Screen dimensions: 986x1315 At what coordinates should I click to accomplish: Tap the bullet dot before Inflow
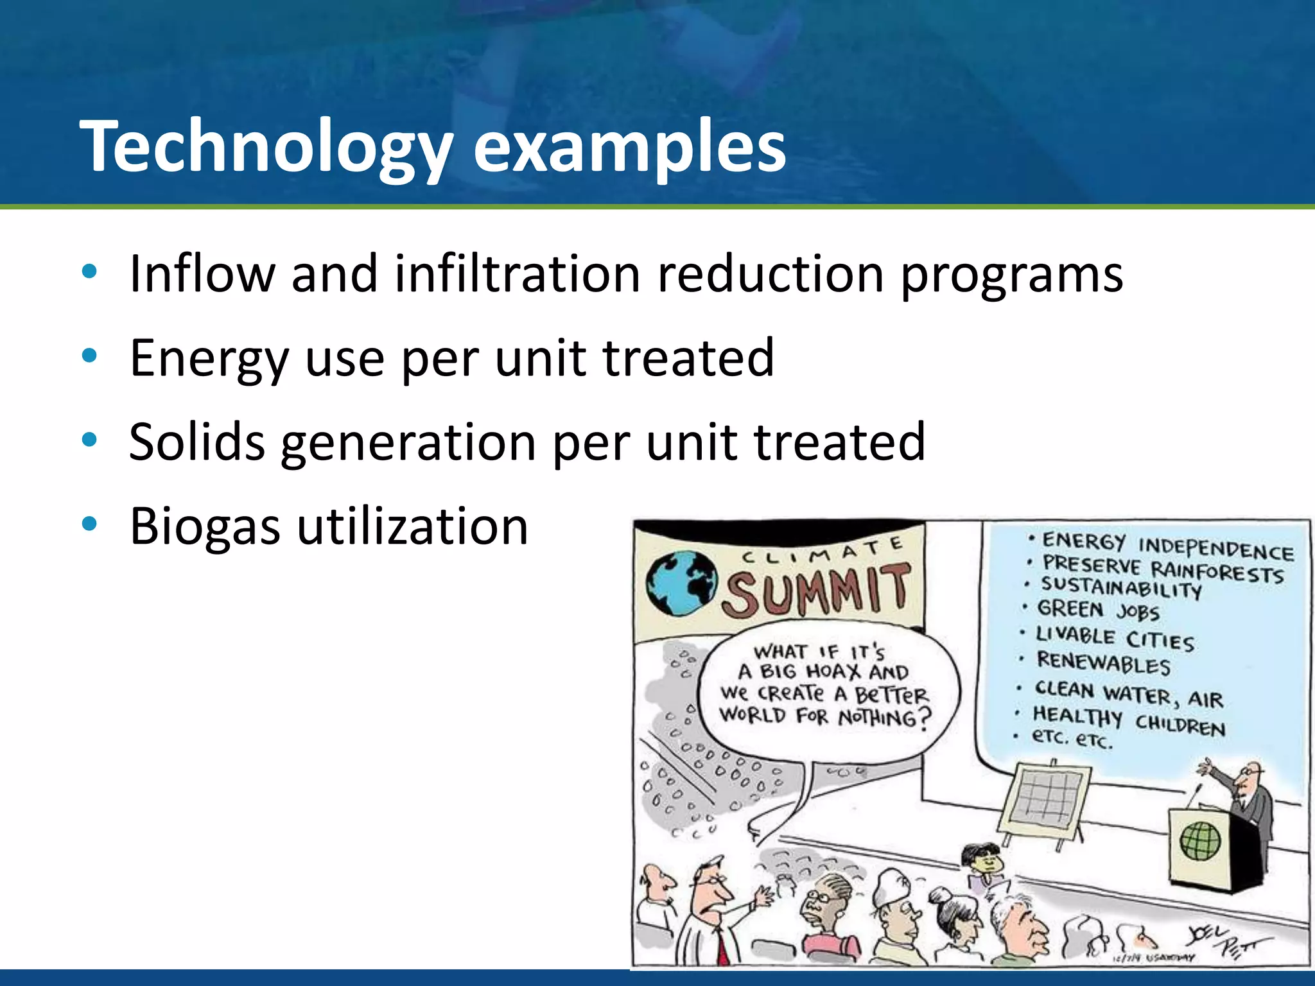tap(89, 271)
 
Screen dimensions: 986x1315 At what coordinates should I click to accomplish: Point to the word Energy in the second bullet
tap(209, 358)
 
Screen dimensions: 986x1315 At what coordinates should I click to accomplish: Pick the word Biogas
tap(205, 526)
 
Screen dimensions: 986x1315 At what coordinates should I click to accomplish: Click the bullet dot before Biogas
tap(89, 524)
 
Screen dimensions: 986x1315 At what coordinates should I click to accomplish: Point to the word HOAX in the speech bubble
tap(833, 672)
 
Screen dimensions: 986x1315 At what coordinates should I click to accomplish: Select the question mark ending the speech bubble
tap(923, 719)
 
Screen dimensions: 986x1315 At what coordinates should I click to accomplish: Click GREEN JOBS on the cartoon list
tap(1098, 610)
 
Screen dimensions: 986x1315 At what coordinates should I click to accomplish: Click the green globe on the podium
tap(1200, 842)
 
